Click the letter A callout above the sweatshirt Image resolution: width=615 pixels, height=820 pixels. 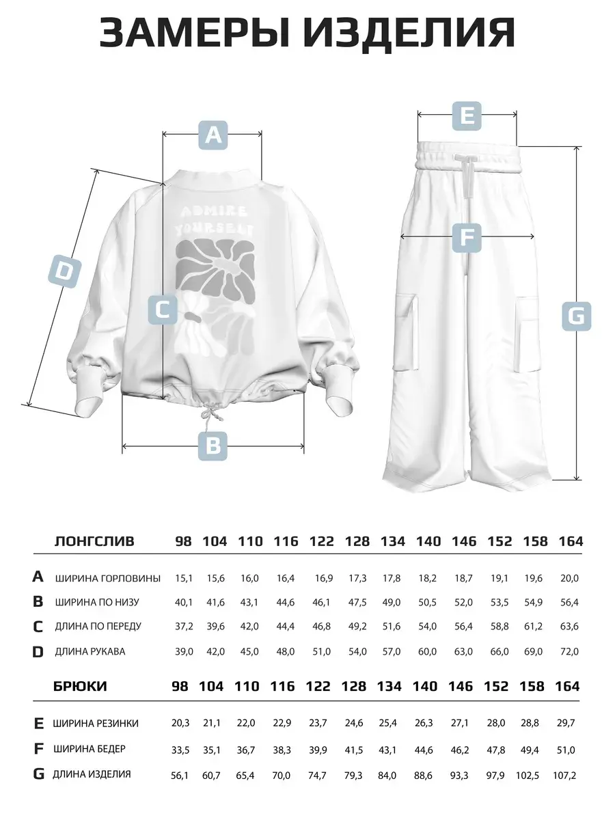pyautogui.click(x=213, y=135)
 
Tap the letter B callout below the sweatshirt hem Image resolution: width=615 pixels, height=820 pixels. pyautogui.click(x=213, y=446)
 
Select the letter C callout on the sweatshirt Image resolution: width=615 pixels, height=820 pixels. pyautogui.click(x=163, y=310)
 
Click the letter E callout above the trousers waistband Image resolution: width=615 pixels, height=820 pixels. pyautogui.click(x=467, y=115)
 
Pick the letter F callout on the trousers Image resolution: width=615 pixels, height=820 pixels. pyautogui.click(x=467, y=237)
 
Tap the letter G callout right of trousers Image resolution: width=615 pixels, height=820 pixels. pyautogui.click(x=576, y=316)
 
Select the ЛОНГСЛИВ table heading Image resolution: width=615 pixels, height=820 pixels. pyautogui.click(x=94, y=542)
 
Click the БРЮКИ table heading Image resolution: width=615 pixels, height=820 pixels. pyautogui.click(x=80, y=686)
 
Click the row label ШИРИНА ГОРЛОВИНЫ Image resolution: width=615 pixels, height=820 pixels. pyautogui.click(x=108, y=578)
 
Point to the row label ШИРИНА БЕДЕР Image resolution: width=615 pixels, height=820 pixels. pyautogui.click(x=90, y=749)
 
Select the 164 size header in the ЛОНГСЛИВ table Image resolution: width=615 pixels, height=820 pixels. pyautogui.click(x=570, y=542)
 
